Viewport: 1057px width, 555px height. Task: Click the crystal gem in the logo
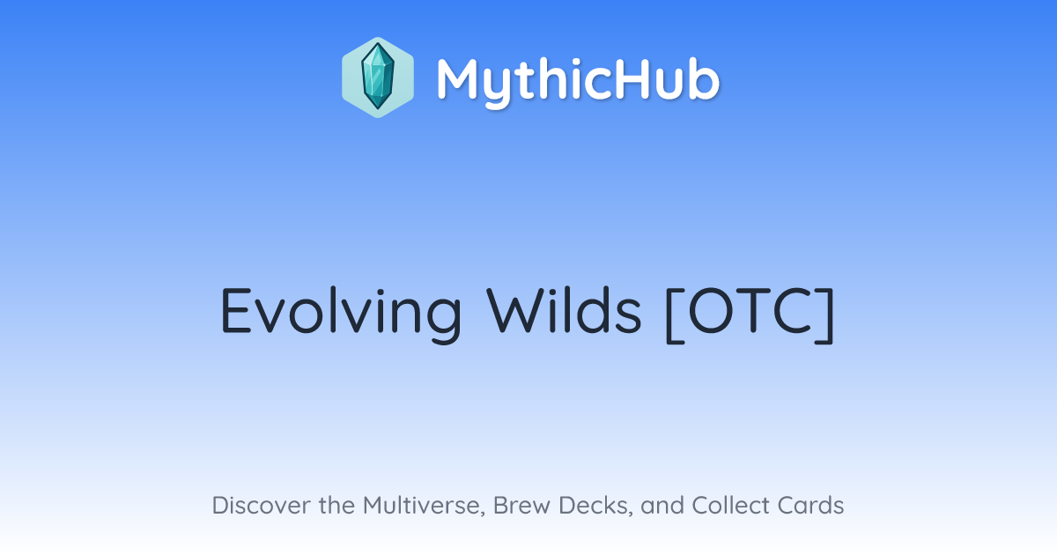click(x=378, y=77)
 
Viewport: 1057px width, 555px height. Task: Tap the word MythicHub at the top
click(x=578, y=82)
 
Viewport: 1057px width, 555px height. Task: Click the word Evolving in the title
click(x=341, y=314)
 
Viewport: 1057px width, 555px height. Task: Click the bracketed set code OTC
click(x=750, y=314)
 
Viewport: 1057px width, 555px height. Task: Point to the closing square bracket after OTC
click(x=824, y=315)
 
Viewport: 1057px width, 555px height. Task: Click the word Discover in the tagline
click(x=262, y=506)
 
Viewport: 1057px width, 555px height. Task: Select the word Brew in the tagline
click(x=521, y=506)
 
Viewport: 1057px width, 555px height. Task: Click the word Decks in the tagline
click(x=595, y=507)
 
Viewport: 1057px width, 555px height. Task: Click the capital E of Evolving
click(x=235, y=310)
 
